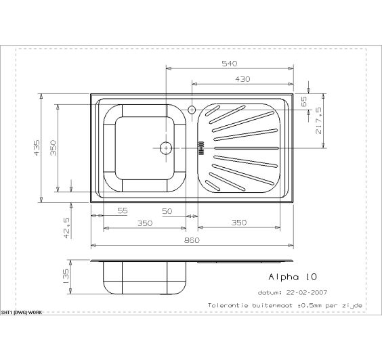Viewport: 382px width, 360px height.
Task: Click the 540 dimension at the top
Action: point(229,64)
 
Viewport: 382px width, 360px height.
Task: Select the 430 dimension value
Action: point(242,79)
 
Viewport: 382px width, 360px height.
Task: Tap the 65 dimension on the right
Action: point(304,102)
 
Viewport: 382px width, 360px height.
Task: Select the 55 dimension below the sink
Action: point(122,211)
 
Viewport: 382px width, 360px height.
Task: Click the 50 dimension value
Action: point(167,211)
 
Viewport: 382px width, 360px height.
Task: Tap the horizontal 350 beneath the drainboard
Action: point(238,223)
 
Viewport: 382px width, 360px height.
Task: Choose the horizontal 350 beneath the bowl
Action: point(144,223)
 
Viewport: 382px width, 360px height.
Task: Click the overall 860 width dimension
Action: point(192,240)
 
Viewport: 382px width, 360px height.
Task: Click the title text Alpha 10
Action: point(293,277)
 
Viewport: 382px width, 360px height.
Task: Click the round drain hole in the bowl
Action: point(165,147)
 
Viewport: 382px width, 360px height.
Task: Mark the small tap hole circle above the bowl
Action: point(192,109)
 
